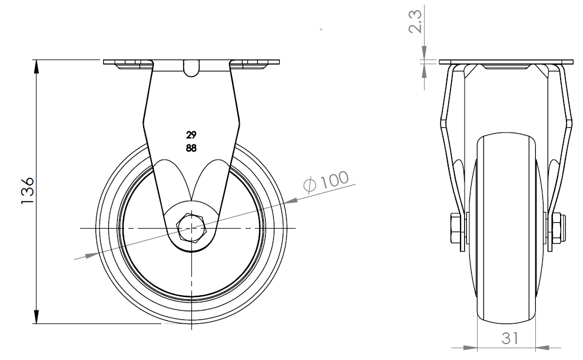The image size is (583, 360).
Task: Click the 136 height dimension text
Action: click(28, 191)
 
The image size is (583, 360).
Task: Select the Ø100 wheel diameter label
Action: click(326, 182)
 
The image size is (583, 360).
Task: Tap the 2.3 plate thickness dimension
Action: click(415, 22)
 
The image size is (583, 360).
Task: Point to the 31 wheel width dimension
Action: click(510, 338)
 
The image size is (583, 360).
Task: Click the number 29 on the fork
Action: click(191, 134)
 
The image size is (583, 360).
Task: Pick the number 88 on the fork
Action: click(191, 148)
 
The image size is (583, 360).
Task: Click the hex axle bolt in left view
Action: click(191, 228)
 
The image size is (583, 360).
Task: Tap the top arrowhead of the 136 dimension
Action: click(37, 67)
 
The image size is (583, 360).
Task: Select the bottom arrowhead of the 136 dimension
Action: click(37, 316)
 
